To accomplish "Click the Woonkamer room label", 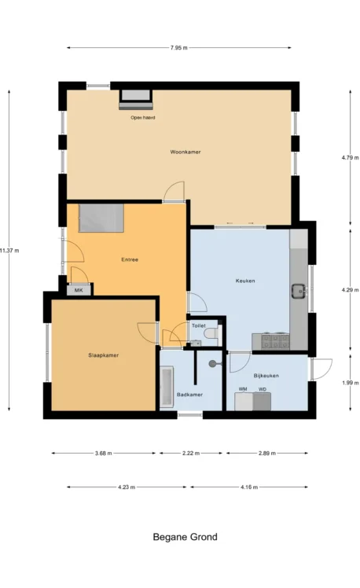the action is tap(186, 152).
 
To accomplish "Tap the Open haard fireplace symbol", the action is tap(136, 100).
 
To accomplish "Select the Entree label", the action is tap(130, 259).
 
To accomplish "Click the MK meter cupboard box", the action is tap(79, 290).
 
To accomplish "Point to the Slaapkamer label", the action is tap(104, 355).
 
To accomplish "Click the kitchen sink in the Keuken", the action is tap(299, 291).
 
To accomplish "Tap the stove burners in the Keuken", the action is tap(275, 341).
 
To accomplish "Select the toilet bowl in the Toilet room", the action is tap(213, 333).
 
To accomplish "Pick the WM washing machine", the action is tap(244, 401).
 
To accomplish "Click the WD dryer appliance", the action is tap(262, 401).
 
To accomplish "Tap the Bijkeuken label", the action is tap(266, 376).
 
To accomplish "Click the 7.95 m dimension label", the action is tap(179, 48).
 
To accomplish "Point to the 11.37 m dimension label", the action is tap(9, 251).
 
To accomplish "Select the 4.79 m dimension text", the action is tap(350, 157).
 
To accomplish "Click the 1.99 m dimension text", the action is tap(350, 383).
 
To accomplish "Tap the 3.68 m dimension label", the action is tap(103, 453).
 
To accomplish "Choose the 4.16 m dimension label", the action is tap(249, 487).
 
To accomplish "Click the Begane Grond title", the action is tap(186, 537).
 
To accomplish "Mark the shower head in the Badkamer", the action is tap(213, 363).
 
